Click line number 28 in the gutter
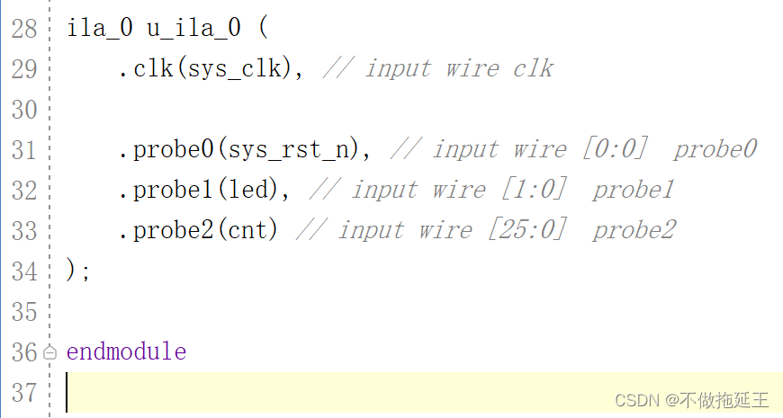(24, 28)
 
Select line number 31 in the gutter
(24, 149)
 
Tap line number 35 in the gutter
(24, 311)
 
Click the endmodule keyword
(126, 351)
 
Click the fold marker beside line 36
(50, 352)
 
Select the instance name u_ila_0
(193, 28)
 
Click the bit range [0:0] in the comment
(615, 149)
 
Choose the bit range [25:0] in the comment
(527, 230)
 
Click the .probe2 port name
(166, 230)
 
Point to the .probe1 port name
(166, 190)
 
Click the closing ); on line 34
(78, 271)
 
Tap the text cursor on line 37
(67, 393)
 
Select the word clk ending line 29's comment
(533, 68)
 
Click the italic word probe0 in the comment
(715, 149)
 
